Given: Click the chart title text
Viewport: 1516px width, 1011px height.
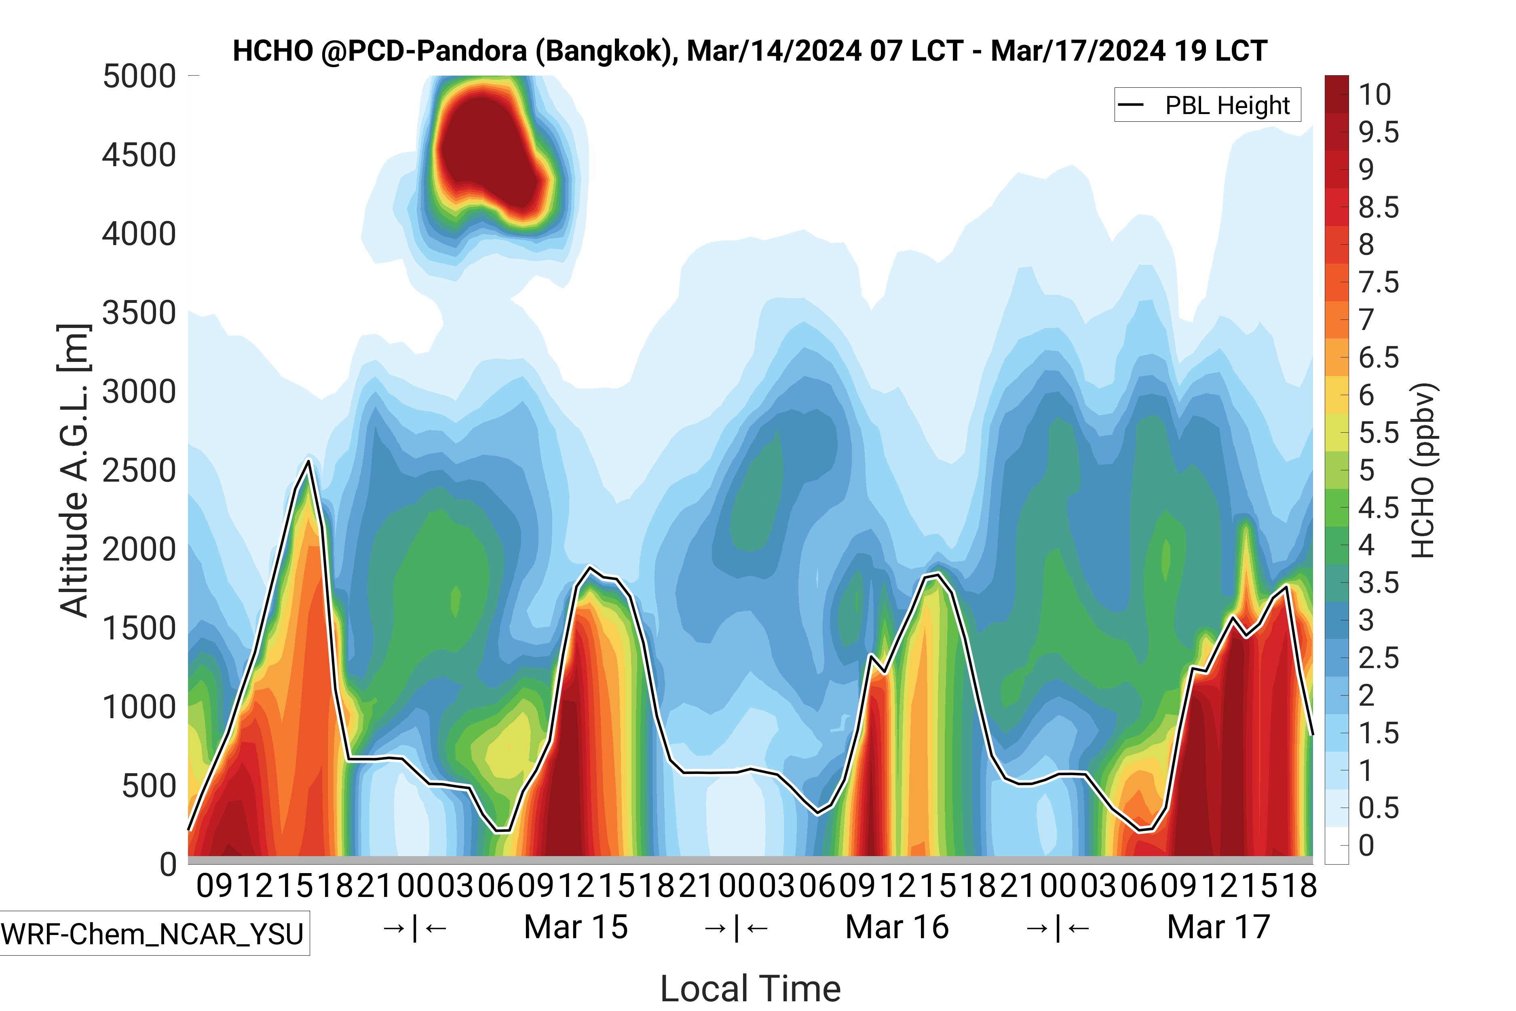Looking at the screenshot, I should pos(750,51).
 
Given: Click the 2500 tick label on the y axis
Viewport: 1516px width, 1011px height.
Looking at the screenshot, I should pos(139,471).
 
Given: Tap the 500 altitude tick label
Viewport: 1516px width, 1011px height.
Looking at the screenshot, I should pos(149,786).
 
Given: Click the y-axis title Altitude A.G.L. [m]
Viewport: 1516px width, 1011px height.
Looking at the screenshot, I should pos(74,471).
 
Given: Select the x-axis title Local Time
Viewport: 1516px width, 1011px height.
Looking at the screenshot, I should pos(750,988).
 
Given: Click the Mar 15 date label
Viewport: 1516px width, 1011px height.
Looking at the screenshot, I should pos(576,927).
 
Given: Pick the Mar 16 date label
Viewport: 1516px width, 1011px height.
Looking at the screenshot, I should pos(897,927).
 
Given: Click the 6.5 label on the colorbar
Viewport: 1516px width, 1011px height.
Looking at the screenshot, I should pos(1379,357).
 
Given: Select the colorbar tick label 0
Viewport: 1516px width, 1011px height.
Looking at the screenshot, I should pos(1366,845).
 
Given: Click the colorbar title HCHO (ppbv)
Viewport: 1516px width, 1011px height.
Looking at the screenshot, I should pos(1423,471).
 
